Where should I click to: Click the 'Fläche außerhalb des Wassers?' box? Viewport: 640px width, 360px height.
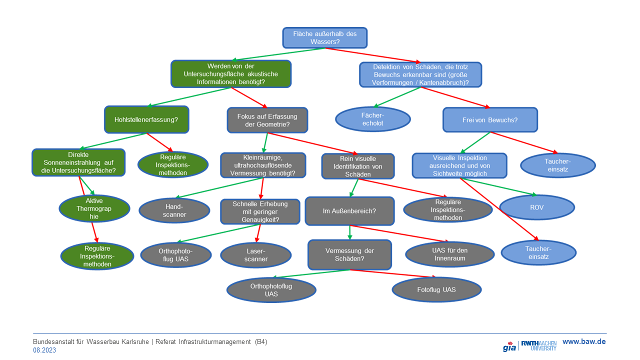point(325,37)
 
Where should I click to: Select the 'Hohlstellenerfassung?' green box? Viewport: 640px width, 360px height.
point(146,119)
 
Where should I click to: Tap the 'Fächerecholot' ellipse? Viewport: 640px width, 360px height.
point(372,119)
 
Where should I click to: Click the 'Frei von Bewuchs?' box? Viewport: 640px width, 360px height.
point(490,120)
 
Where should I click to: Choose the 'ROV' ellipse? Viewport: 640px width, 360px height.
point(537,207)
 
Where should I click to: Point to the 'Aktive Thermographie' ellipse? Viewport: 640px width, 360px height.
point(94,208)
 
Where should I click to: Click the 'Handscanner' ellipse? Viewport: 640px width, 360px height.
point(174,210)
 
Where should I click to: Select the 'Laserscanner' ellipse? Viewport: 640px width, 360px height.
point(256,255)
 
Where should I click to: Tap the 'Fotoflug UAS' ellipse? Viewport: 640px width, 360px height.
point(436,289)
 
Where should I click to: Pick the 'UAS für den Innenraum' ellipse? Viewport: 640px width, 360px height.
point(449,254)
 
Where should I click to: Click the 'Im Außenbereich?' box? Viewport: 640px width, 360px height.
point(349,211)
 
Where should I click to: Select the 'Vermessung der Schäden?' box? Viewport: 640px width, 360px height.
point(349,255)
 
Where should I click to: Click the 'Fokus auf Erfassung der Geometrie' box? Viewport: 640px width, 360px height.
point(267,120)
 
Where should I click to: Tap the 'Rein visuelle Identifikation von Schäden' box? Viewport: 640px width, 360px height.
point(357,166)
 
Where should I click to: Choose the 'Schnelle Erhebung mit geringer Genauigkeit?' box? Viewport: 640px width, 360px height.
point(260,211)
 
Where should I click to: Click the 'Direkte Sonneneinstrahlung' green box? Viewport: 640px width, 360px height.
point(78,162)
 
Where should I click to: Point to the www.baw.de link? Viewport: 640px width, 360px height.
point(584,341)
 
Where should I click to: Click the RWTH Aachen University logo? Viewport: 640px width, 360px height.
point(538,345)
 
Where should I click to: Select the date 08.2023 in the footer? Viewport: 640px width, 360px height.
point(44,350)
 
